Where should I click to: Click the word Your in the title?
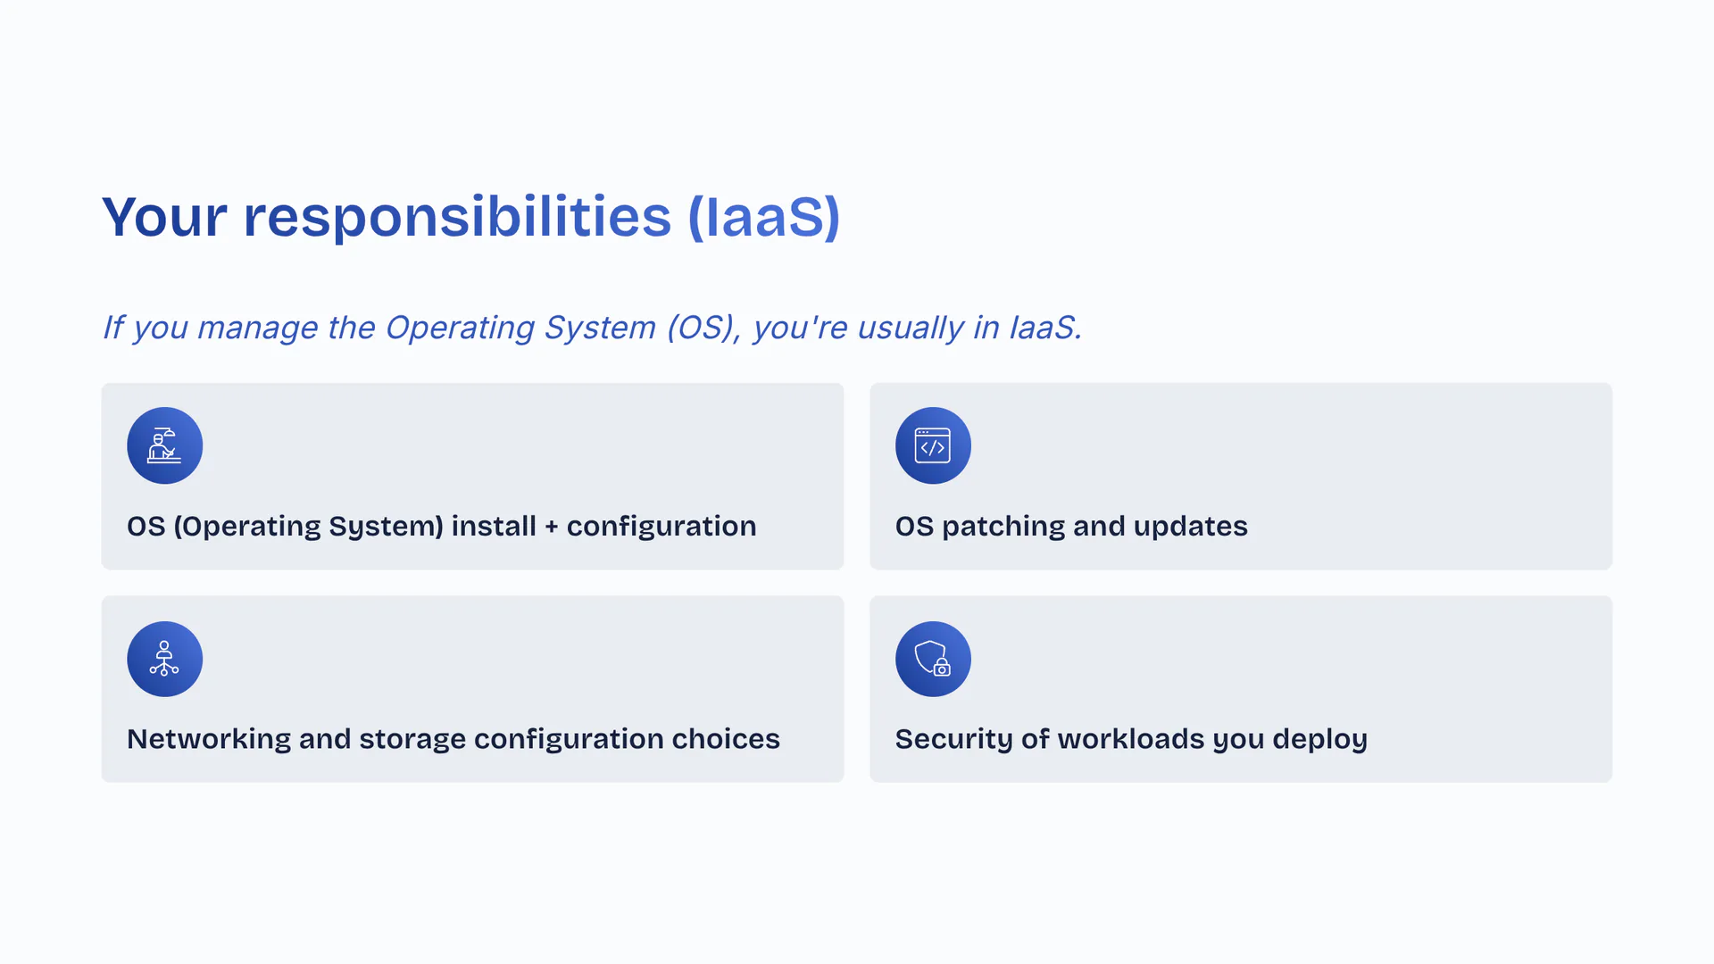pos(164,217)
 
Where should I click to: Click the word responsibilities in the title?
pos(457,217)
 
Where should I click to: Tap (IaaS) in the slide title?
pos(764,217)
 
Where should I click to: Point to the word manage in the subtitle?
pos(257,328)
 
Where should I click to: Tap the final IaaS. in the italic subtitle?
pos(1045,328)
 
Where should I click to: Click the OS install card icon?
pos(165,445)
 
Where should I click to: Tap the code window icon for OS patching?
pos(933,445)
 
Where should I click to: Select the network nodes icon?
pos(165,659)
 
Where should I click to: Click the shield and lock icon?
pos(933,659)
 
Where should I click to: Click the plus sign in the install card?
pos(552,527)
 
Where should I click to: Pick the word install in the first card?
pos(494,526)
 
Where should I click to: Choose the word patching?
pos(1003,527)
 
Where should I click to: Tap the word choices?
pos(726,739)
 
